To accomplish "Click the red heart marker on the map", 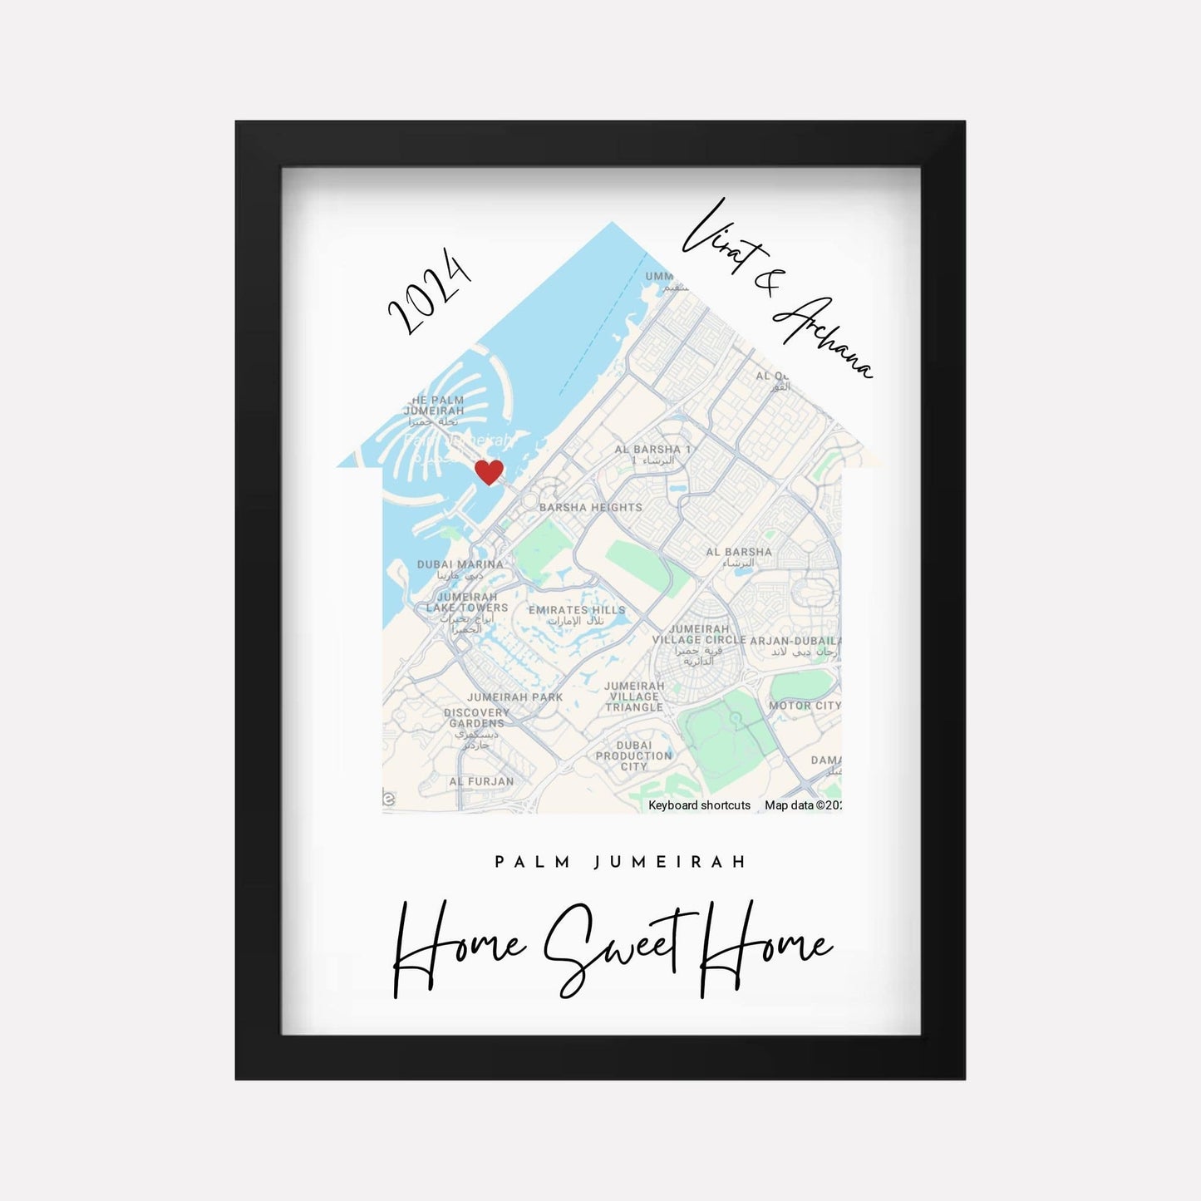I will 489,471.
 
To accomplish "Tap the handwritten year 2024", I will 430,291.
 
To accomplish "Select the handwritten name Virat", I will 715,238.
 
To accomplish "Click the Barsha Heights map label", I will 590,507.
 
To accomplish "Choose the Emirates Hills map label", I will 577,610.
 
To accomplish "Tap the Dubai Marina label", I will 460,564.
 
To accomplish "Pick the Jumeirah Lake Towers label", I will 466,603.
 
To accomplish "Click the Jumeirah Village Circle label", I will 699,635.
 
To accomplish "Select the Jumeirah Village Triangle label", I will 634,696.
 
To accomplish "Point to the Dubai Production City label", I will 633,756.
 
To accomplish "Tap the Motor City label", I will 805,706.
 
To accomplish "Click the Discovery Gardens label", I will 476,718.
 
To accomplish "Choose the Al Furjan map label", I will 481,781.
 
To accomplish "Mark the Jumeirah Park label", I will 514,697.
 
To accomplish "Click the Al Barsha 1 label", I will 652,450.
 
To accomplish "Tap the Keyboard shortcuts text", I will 699,805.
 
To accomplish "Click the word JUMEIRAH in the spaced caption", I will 670,862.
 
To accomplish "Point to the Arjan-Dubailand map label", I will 795,642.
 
